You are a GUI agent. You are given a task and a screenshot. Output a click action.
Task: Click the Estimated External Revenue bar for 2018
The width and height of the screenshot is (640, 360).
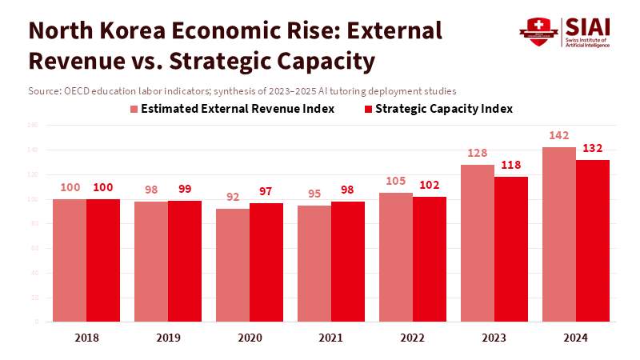click(x=70, y=260)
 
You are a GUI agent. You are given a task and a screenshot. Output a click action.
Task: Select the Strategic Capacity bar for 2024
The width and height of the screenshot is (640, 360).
click(x=593, y=241)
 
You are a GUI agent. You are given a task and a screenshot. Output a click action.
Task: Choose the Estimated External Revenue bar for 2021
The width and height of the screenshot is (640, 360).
click(x=314, y=263)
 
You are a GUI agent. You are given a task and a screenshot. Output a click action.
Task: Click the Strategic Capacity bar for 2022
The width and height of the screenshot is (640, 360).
click(x=430, y=259)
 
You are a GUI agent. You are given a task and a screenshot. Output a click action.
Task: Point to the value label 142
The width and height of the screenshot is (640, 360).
click(x=559, y=135)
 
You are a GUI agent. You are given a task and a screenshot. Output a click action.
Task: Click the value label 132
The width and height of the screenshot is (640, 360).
click(x=593, y=148)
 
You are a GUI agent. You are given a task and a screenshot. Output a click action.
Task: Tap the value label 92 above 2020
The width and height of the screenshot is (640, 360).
click(x=233, y=197)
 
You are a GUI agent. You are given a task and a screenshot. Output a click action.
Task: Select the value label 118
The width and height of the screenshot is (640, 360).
click(x=511, y=165)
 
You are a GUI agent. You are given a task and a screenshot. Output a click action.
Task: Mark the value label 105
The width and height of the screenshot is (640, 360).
click(x=396, y=181)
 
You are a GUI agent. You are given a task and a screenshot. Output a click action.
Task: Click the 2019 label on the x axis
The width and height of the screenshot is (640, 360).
click(x=168, y=338)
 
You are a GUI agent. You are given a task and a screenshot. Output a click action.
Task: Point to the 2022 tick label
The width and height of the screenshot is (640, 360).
click(x=413, y=338)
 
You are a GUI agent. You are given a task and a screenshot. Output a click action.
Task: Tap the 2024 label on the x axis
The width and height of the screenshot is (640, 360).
click(x=575, y=338)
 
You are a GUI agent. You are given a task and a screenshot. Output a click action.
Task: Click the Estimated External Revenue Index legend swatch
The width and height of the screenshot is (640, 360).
click(x=134, y=109)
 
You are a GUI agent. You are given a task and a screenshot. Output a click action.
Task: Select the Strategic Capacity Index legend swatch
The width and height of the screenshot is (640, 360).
click(x=369, y=109)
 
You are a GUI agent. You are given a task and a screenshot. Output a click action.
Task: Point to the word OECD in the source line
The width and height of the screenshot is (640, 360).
click(x=76, y=90)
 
